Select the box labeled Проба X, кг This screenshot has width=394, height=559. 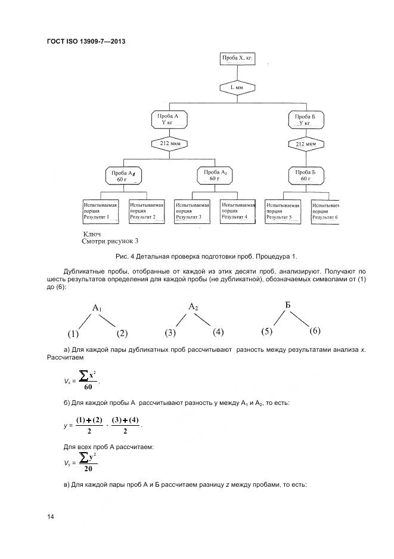(x=237, y=59)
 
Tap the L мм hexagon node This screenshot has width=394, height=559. (x=237, y=87)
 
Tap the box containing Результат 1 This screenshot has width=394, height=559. (x=100, y=211)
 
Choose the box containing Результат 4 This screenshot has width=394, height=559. (x=238, y=211)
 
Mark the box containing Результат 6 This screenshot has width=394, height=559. (x=325, y=211)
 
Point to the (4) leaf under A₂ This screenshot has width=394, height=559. (x=218, y=331)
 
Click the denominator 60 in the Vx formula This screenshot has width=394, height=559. (x=88, y=386)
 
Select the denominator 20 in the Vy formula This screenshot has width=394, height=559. (x=88, y=469)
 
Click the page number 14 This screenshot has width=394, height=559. (x=51, y=517)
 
